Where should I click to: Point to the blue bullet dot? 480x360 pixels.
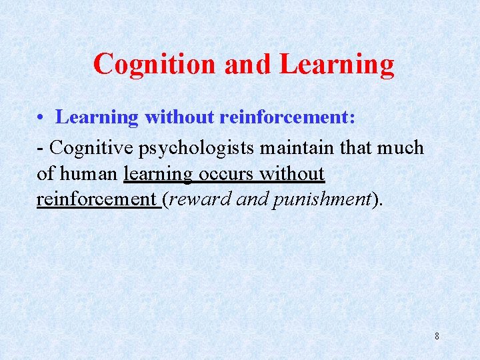point(41,118)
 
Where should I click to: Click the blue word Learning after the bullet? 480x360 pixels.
point(97,118)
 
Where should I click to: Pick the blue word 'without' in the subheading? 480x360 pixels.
point(179,117)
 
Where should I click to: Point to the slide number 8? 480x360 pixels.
point(437,336)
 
